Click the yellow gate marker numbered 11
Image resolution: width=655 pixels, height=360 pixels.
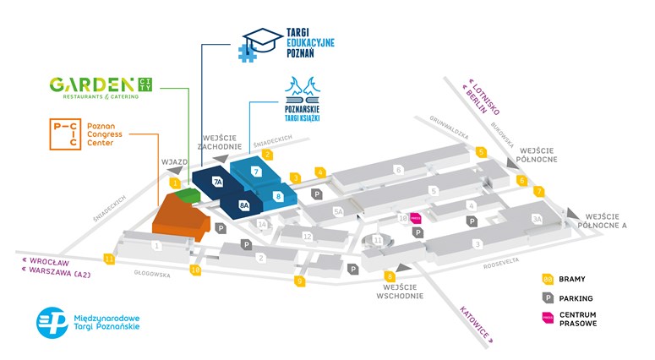(109, 259)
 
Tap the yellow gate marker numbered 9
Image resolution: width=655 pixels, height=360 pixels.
(299, 281)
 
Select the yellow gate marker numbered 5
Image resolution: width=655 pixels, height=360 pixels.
(481, 152)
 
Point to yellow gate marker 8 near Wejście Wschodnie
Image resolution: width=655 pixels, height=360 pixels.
(390, 275)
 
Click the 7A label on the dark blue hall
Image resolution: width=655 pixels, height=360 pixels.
(217, 182)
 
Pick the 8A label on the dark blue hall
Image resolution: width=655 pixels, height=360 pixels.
(244, 205)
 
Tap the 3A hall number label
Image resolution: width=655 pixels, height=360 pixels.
(536, 219)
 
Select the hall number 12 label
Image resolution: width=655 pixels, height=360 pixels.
(308, 236)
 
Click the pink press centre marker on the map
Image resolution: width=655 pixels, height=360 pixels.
(415, 217)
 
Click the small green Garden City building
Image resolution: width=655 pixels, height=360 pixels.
(191, 196)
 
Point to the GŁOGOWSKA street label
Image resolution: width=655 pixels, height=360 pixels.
(152, 274)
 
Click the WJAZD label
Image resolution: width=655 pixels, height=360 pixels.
(172, 161)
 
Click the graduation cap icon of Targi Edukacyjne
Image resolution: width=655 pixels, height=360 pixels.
(259, 40)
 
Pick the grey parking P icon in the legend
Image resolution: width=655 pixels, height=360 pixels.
(548, 297)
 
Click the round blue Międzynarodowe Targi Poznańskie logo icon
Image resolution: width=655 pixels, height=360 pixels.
(52, 323)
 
